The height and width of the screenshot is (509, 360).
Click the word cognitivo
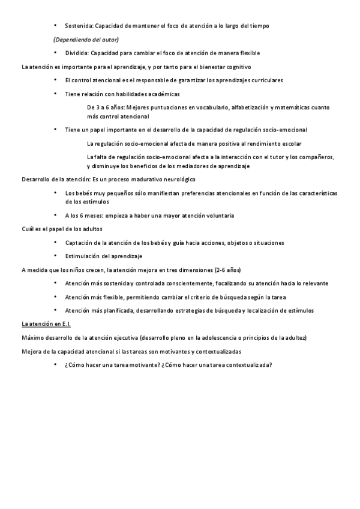pyautogui.click(x=238, y=66)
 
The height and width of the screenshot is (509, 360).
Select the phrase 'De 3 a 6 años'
pyautogui.click(x=106, y=107)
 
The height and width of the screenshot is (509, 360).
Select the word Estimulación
pyautogui.click(x=84, y=256)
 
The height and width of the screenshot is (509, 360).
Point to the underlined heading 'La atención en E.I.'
pyautogui.click(x=46, y=324)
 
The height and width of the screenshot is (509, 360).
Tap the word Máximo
pyautogui.click(x=32, y=337)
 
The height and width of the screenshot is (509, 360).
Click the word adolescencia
pyautogui.click(x=220, y=337)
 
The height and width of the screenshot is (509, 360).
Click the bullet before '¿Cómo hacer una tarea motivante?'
pyautogui.click(x=56, y=365)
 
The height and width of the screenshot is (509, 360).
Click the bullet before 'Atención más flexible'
pyautogui.click(x=56, y=297)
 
